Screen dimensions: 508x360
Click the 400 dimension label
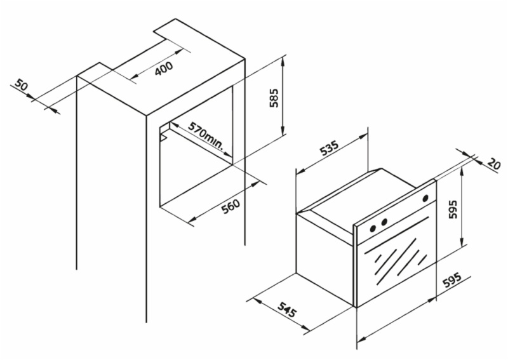pyautogui.click(x=164, y=69)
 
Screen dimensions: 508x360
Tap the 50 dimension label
pyautogui.click(x=22, y=86)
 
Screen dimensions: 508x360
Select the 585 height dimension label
pyautogui.click(x=274, y=98)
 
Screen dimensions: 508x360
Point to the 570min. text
pyautogui.click(x=206, y=135)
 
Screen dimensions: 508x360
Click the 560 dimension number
pyautogui.click(x=231, y=206)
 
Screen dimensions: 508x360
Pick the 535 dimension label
pyautogui.click(x=329, y=148)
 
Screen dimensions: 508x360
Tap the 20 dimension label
pyautogui.click(x=494, y=164)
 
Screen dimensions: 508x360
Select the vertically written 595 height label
pyautogui.click(x=453, y=210)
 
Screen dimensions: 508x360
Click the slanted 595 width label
pyautogui.click(x=451, y=281)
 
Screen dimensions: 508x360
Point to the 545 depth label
pyautogui.click(x=287, y=309)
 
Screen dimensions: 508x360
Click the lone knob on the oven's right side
pyautogui.click(x=425, y=198)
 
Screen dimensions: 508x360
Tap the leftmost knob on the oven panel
pyautogui.click(x=373, y=228)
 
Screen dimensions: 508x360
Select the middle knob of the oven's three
pyautogui.click(x=384, y=222)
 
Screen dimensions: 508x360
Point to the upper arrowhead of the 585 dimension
pyautogui.click(x=283, y=60)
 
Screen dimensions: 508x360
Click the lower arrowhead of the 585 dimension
pyautogui.click(x=283, y=131)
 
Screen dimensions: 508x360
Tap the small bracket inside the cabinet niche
pyautogui.click(x=164, y=136)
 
